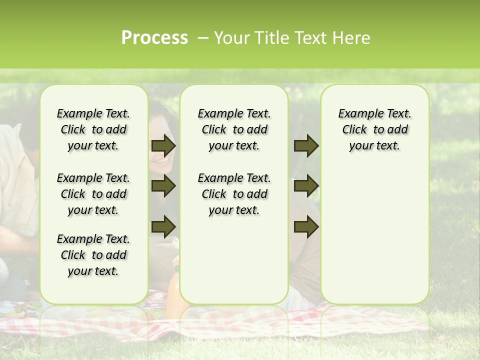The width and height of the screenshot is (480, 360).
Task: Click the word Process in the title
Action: [154, 38]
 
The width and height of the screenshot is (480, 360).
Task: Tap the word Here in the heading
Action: [351, 38]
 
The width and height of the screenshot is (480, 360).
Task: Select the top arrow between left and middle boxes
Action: [163, 146]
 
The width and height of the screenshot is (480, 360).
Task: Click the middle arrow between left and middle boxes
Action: [163, 186]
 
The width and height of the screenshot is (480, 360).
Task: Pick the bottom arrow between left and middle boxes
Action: [163, 226]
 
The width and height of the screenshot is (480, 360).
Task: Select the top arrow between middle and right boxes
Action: [306, 146]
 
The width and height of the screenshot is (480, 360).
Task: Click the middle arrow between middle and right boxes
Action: [306, 186]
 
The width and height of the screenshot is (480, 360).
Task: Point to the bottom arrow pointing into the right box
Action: [306, 226]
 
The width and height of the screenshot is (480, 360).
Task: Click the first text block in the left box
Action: [93, 129]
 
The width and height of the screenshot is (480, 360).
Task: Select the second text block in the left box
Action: [93, 194]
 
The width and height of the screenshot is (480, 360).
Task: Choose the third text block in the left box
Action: [93, 255]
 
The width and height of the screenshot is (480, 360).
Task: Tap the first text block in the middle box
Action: [234, 129]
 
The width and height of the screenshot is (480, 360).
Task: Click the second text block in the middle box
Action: [234, 194]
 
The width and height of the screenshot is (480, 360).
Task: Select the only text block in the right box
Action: [374, 129]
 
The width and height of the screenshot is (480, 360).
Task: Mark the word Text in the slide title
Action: [312, 38]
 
